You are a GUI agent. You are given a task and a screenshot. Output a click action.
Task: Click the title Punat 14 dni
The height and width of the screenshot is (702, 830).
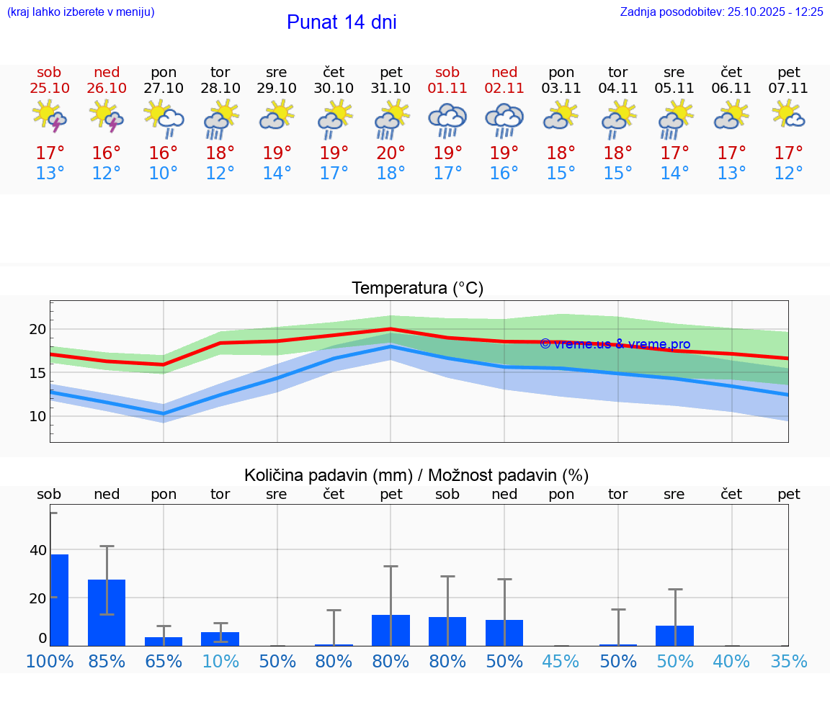coord(342,22)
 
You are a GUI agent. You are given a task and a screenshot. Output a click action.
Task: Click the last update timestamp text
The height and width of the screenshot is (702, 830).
coord(721,12)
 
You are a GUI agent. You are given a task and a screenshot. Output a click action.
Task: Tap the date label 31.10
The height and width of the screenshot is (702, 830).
coord(391,89)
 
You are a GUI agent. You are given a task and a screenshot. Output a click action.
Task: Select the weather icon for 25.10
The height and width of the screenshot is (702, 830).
coord(49,117)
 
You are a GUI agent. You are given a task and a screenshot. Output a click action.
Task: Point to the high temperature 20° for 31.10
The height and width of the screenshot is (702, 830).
coord(391,153)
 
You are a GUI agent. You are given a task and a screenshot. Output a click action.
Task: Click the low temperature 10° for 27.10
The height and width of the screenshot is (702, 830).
coord(164,174)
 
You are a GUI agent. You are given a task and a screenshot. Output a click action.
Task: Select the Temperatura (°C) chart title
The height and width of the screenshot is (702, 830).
coord(417,289)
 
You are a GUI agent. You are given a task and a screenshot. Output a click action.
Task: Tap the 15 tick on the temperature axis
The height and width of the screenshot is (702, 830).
coord(37,373)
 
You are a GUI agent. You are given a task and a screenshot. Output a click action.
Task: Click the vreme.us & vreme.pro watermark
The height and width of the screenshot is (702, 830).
coord(615,344)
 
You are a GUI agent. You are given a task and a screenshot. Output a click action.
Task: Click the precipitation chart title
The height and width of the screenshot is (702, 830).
coord(416,475)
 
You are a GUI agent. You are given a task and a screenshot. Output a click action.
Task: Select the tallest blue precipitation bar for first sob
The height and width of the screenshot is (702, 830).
coord(59,600)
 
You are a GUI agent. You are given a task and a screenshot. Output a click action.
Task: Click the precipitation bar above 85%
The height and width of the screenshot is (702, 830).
coord(107,612)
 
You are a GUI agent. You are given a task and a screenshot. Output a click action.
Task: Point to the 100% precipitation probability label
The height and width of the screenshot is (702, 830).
coord(50,662)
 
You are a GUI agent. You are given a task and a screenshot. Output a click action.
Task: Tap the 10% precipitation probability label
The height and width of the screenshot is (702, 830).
coord(220,662)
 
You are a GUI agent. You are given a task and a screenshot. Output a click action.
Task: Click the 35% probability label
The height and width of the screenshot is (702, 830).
coord(788,662)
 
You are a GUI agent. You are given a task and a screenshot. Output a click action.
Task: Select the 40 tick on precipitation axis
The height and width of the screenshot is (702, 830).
coord(37,551)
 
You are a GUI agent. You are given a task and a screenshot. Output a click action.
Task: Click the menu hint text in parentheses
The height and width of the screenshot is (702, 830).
coord(81,12)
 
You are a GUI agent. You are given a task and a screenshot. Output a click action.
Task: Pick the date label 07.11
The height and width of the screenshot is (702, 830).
coord(788,89)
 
